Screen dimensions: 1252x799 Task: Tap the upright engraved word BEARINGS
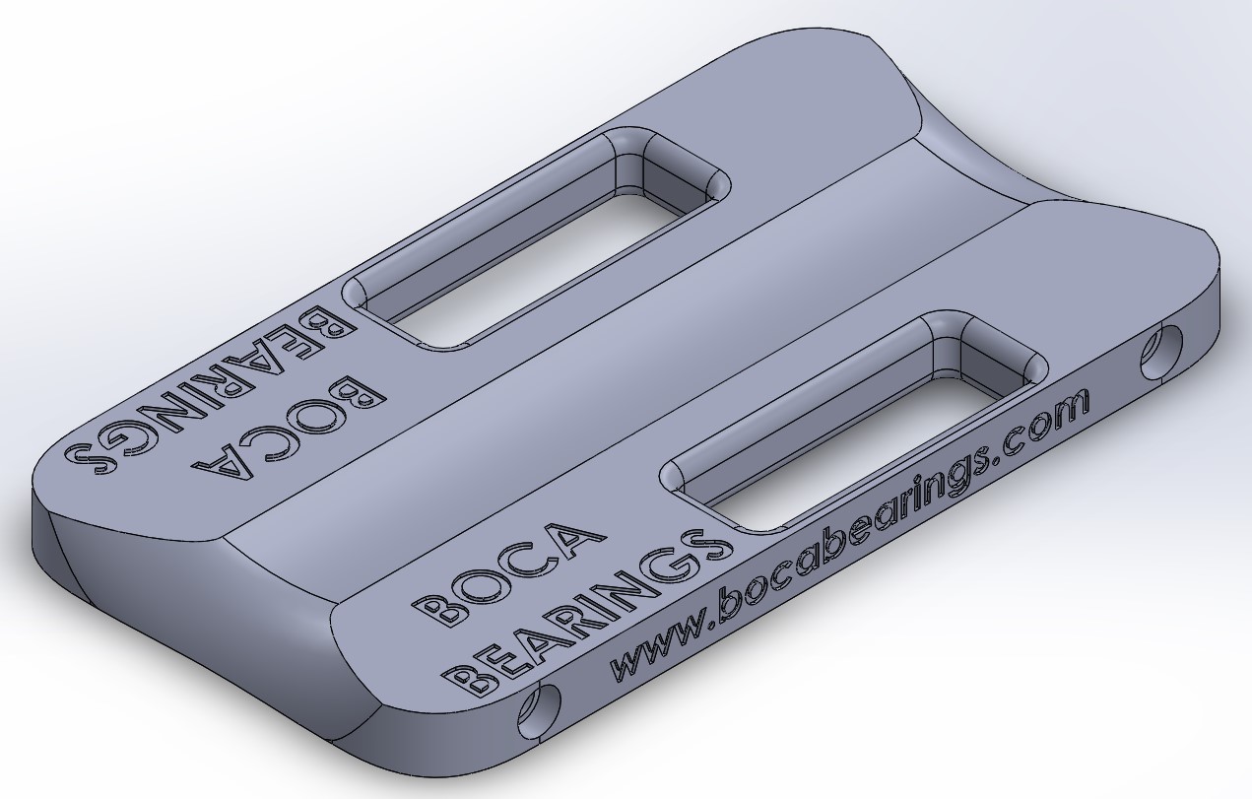587,614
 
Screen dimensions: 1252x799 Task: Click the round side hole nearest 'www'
540,710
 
